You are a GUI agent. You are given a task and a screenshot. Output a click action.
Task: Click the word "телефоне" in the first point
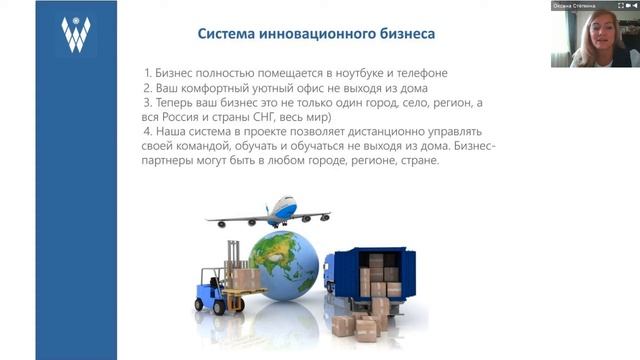click(434, 73)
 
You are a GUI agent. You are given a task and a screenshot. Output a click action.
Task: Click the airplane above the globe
click(270, 212)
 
